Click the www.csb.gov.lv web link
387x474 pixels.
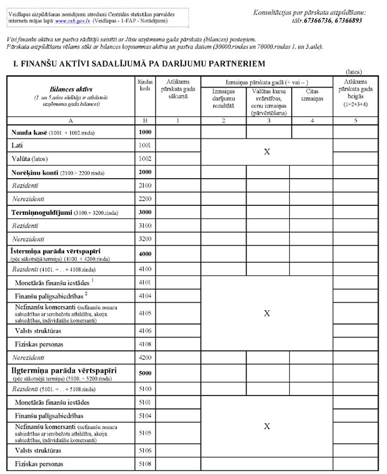tap(70, 21)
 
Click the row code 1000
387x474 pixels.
tap(145, 131)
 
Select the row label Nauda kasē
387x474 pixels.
tap(27, 131)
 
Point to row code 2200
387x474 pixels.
tap(145, 198)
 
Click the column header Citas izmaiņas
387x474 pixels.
tap(311, 95)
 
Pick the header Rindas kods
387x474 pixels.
tap(145, 85)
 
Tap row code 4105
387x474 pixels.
tap(145, 312)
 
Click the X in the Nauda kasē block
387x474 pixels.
tap(267, 152)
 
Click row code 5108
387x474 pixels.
tap(145, 464)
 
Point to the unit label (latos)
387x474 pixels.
tap(354, 71)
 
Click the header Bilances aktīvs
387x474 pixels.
tap(67, 88)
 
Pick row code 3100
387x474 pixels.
tap(145, 226)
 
